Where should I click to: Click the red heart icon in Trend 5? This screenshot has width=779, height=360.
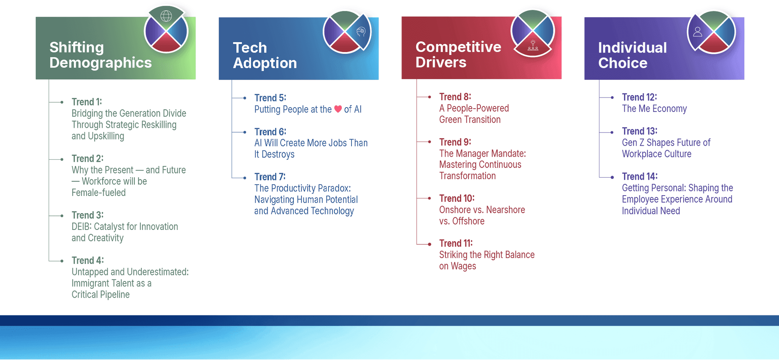tap(338, 109)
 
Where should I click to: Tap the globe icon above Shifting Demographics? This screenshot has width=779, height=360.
tap(166, 16)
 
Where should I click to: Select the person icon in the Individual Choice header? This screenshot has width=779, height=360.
tap(698, 32)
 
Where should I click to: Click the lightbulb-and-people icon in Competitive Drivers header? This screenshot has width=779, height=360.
tap(533, 46)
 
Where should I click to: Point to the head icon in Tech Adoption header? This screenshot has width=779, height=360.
tap(361, 32)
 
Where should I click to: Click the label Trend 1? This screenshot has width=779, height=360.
tap(87, 102)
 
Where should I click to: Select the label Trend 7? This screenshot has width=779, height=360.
tap(270, 177)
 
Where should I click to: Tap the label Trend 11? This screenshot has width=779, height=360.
tap(456, 244)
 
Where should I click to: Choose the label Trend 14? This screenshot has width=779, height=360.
tap(639, 176)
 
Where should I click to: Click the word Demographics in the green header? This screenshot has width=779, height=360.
tap(101, 63)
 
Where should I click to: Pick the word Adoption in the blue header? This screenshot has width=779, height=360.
tap(265, 63)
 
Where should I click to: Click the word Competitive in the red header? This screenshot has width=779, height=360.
tap(458, 47)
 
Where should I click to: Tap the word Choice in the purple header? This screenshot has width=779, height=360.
tap(623, 63)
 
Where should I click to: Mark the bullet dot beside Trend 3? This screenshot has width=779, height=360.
tap(62, 215)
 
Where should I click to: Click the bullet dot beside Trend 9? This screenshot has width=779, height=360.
tap(429, 142)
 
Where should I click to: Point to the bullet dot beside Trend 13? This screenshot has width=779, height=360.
tap(612, 132)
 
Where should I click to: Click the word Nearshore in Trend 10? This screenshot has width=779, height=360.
tap(505, 210)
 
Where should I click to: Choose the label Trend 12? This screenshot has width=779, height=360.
tap(639, 97)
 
